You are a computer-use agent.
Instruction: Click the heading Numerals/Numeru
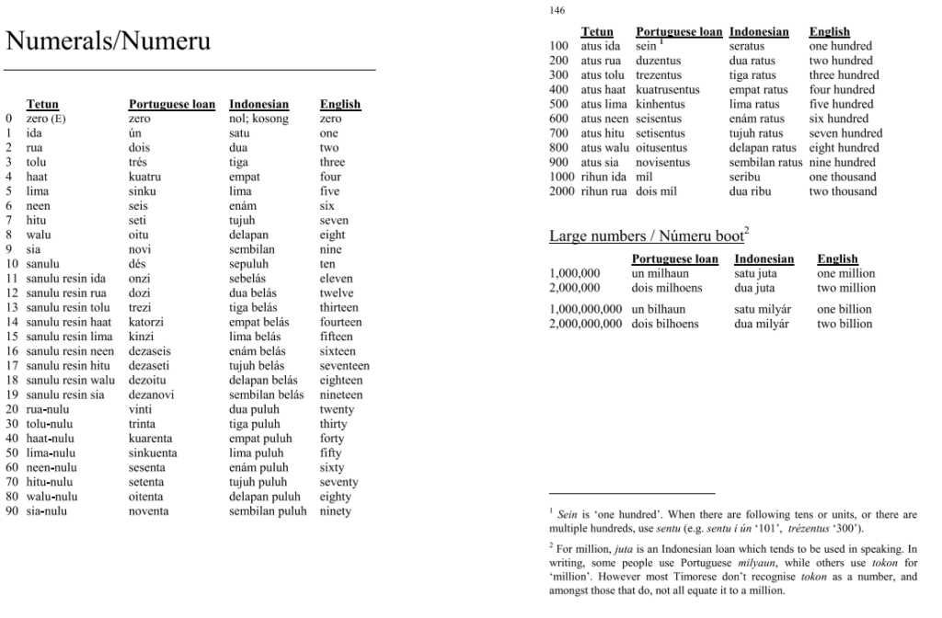pos(109,41)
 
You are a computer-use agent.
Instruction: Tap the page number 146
pos(557,11)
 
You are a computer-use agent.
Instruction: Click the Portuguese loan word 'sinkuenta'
pos(153,453)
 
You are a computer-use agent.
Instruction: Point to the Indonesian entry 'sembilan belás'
pos(266,395)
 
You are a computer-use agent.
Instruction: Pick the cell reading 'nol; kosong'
pos(258,119)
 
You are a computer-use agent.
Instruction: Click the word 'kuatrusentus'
pos(668,90)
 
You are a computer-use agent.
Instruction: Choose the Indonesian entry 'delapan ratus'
pos(763,148)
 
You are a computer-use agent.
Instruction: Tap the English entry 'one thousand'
pos(840,177)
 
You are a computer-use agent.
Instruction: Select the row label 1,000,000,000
pos(585,310)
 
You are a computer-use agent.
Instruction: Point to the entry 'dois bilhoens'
pos(665,324)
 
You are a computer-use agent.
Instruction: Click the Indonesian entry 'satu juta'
pos(757,274)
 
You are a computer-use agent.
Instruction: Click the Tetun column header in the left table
pos(42,105)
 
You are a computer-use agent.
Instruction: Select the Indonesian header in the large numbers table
pos(764,259)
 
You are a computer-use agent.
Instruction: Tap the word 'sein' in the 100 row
pos(646,46)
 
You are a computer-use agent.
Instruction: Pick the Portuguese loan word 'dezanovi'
pos(152,395)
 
